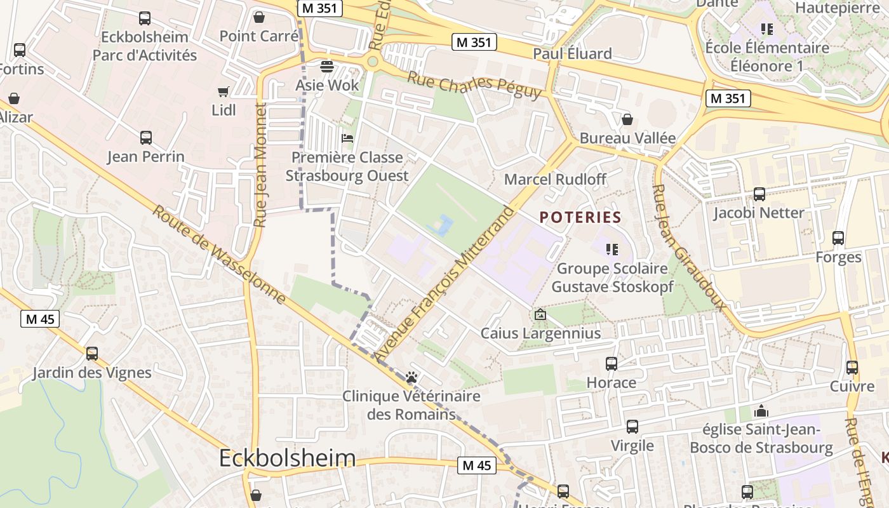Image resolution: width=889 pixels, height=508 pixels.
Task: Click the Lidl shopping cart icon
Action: coord(223,92)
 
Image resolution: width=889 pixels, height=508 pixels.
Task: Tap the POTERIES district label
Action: coord(580,217)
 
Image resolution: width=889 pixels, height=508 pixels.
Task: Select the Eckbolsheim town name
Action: coord(287,458)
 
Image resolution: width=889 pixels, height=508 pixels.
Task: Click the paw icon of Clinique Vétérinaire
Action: coord(411,377)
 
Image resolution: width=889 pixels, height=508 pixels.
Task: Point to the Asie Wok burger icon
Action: coord(327,66)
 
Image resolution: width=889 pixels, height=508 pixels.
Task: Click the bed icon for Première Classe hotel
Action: coord(347,138)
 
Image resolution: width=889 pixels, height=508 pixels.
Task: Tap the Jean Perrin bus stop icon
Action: coord(145,137)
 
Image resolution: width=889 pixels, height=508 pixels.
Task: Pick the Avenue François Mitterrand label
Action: coord(444,284)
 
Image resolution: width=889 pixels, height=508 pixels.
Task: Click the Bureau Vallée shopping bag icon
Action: coord(627,119)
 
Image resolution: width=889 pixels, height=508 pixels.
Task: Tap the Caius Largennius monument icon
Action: coord(540,314)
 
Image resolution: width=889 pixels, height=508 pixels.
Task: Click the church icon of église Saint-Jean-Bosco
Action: coord(761,411)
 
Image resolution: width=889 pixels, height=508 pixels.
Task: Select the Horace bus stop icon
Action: coord(611,364)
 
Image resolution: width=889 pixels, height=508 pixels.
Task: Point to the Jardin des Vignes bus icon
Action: coord(92,353)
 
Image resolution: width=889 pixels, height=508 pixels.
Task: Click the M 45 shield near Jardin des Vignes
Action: coord(41,319)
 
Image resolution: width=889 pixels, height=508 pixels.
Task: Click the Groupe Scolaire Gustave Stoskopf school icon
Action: coord(612,250)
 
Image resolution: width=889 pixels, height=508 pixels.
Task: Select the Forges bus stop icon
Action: coord(838,238)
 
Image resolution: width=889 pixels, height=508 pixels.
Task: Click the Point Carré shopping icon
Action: coord(258,17)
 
